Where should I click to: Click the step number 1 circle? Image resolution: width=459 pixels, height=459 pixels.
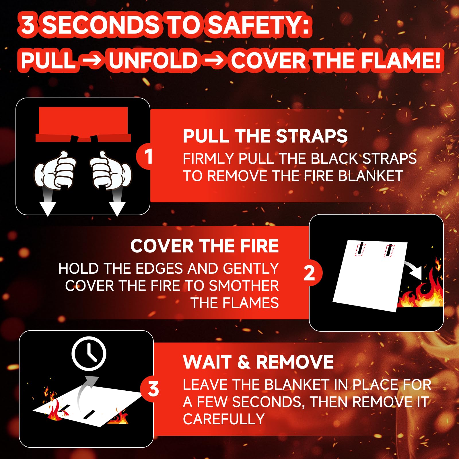[148, 156]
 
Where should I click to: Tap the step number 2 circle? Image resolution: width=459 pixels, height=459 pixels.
[310, 273]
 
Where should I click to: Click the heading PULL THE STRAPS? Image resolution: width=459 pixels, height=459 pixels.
[265, 136]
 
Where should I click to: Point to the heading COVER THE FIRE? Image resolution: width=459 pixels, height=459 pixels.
[205, 246]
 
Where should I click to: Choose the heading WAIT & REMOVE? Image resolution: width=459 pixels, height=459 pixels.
[258, 362]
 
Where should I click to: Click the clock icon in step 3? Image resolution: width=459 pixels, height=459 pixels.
[89, 354]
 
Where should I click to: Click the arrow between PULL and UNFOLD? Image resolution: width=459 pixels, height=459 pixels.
[92, 61]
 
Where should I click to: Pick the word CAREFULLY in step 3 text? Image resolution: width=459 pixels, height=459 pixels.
[224, 419]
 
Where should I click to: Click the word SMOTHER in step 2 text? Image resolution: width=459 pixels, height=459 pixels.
[244, 286]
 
